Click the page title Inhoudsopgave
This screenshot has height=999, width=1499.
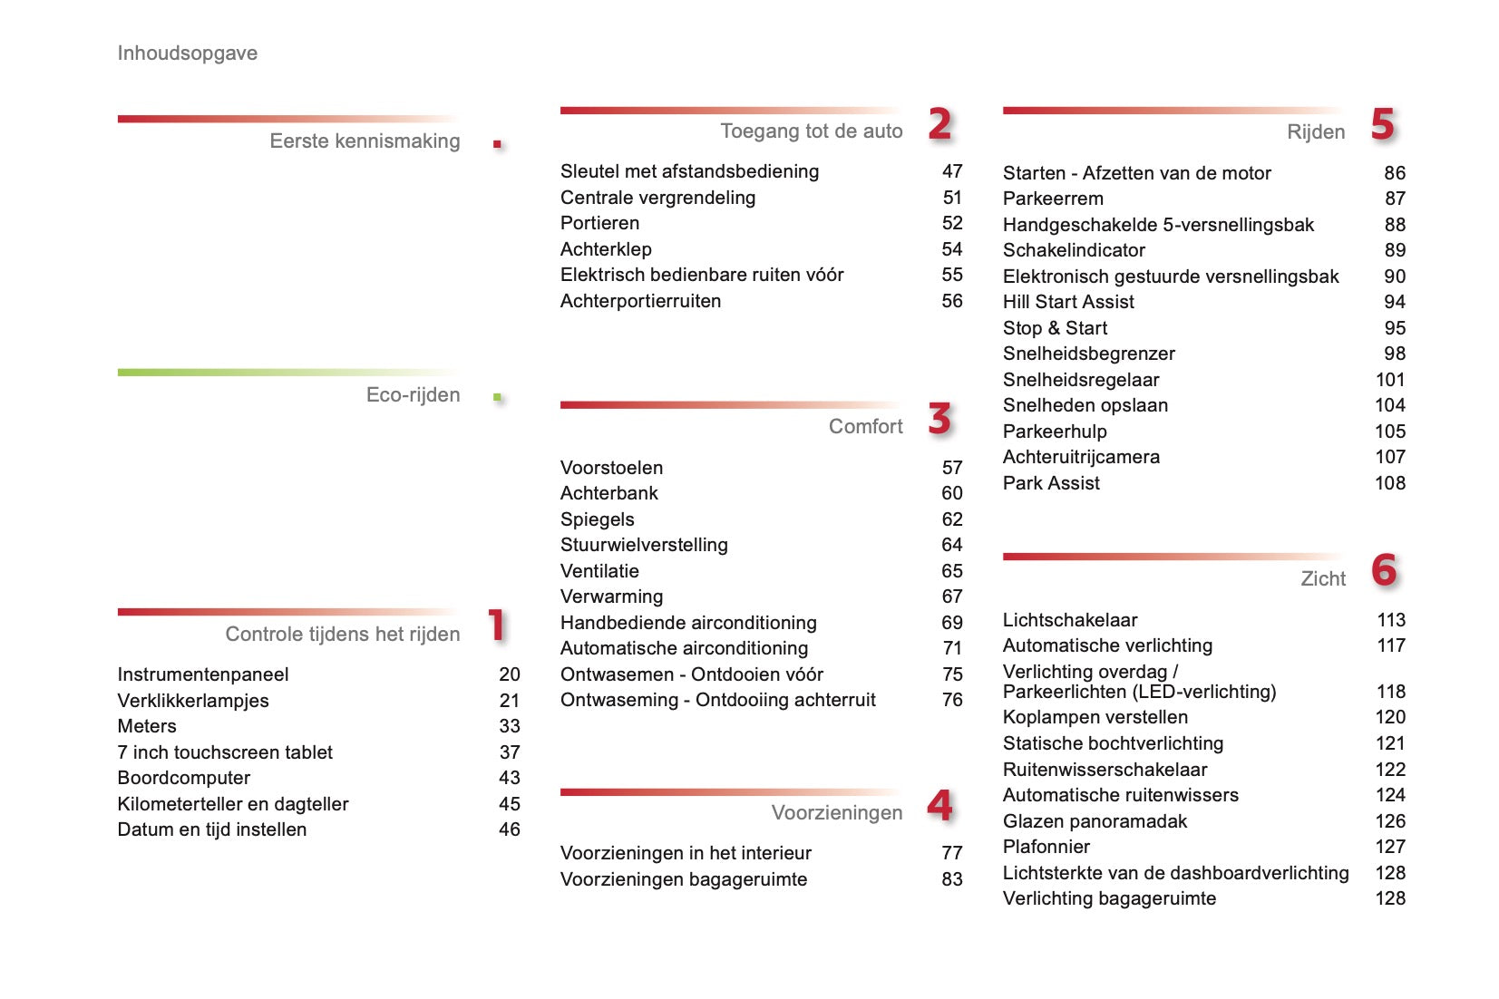(x=187, y=53)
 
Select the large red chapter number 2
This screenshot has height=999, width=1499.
(x=939, y=124)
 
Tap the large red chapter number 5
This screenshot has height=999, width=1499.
(x=1382, y=124)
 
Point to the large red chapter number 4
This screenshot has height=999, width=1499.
(x=939, y=805)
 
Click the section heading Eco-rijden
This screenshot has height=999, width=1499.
(x=413, y=395)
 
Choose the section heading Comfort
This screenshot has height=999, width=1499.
(x=865, y=427)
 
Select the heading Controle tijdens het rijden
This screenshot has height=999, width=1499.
(x=342, y=635)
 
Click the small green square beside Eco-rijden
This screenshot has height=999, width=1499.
(x=497, y=397)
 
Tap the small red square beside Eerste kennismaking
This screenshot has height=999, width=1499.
(x=497, y=144)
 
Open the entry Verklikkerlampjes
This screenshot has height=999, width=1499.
(x=193, y=701)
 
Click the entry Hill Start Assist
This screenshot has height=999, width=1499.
(x=1068, y=302)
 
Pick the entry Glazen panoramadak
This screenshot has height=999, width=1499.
(x=1095, y=821)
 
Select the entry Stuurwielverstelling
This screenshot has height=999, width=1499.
(x=644, y=545)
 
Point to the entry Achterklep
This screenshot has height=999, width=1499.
(x=606, y=249)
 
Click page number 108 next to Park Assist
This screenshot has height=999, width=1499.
(x=1389, y=483)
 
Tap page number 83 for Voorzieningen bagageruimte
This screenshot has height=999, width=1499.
(x=951, y=879)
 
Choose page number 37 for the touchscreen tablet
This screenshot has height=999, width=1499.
(x=510, y=752)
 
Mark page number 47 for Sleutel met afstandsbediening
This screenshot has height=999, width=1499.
(x=951, y=171)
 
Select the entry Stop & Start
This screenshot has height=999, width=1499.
(x=1055, y=328)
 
